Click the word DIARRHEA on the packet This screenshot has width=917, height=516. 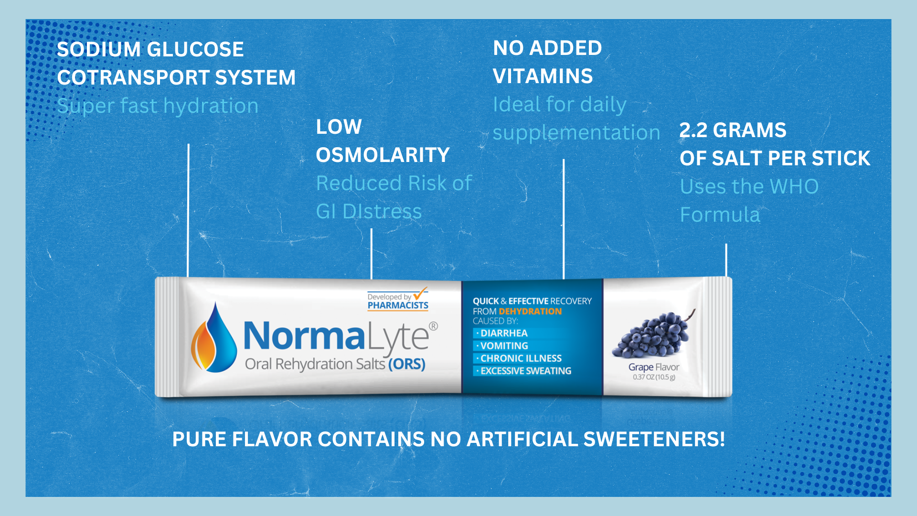pos(504,333)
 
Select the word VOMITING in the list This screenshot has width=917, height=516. pos(504,345)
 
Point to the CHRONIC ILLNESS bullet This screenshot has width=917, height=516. pos(521,358)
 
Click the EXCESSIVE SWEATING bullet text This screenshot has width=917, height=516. pos(526,371)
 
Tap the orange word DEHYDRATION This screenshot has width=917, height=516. pos(530,311)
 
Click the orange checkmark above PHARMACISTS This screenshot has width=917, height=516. pos(420,293)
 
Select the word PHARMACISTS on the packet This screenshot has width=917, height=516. pos(398,305)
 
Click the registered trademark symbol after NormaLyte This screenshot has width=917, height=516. pos(433,326)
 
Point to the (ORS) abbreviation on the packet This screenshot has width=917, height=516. pos(406,364)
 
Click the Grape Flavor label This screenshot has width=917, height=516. pos(653,367)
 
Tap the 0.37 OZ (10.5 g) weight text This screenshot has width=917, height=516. pos(654,377)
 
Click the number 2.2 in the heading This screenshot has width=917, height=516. pos(693,130)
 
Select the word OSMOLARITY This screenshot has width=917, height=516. pos(383,155)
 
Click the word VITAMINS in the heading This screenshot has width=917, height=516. pos(543,76)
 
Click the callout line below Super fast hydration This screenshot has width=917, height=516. pos(188,210)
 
